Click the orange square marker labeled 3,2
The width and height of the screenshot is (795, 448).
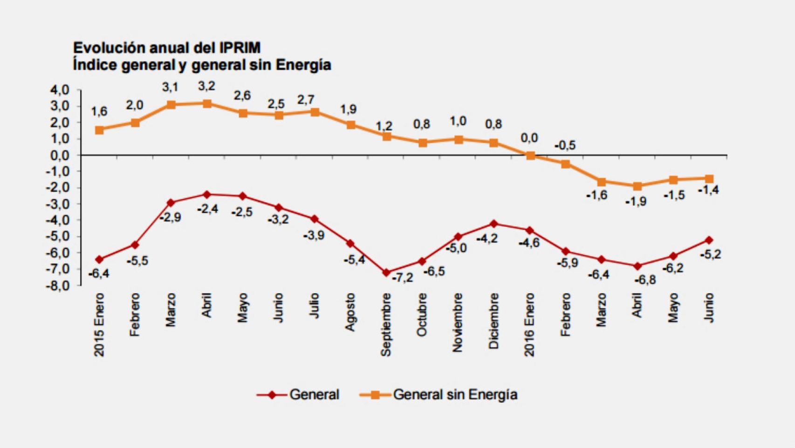point(207,104)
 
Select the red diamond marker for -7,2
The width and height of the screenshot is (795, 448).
point(386,273)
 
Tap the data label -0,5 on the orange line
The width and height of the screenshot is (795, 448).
point(565,146)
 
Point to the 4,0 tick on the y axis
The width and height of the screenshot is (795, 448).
point(60,90)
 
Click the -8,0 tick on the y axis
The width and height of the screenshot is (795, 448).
point(58,285)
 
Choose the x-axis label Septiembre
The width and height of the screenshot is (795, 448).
point(386,325)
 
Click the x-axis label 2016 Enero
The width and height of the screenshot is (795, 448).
point(529,325)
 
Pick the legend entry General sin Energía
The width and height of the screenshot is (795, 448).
point(455,395)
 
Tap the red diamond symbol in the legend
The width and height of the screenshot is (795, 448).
point(272,395)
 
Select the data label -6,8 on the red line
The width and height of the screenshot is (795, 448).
point(645,280)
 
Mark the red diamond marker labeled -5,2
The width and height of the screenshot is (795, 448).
point(709,240)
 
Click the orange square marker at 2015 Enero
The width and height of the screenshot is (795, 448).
point(99,130)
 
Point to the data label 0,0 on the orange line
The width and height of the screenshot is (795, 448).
point(529,138)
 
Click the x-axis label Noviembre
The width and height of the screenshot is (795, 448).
point(458,322)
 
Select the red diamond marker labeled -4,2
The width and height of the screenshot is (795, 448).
point(494,224)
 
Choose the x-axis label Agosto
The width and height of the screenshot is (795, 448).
point(350,312)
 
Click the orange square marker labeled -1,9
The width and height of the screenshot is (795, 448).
point(637,186)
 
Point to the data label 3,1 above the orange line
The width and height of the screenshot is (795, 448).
point(170,88)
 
